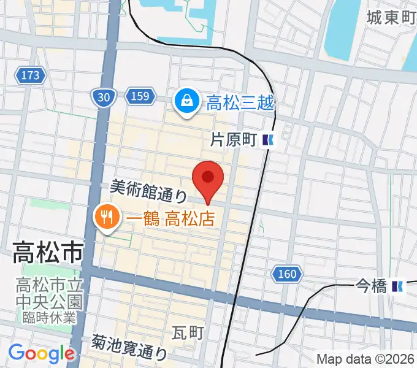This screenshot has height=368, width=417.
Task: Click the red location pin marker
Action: point(208,178)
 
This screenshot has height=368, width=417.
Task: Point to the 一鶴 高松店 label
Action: point(166,218)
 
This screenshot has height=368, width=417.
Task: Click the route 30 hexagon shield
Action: point(104,96)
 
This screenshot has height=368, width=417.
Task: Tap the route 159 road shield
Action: point(139,96)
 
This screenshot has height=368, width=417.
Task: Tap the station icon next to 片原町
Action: point(268,140)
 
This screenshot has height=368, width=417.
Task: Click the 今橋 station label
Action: point(371,286)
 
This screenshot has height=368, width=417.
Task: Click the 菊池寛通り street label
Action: point(129,347)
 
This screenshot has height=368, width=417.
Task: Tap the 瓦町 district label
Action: point(188,332)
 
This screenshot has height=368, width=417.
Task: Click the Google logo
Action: point(41,353)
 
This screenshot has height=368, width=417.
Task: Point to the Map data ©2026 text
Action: point(365,359)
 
